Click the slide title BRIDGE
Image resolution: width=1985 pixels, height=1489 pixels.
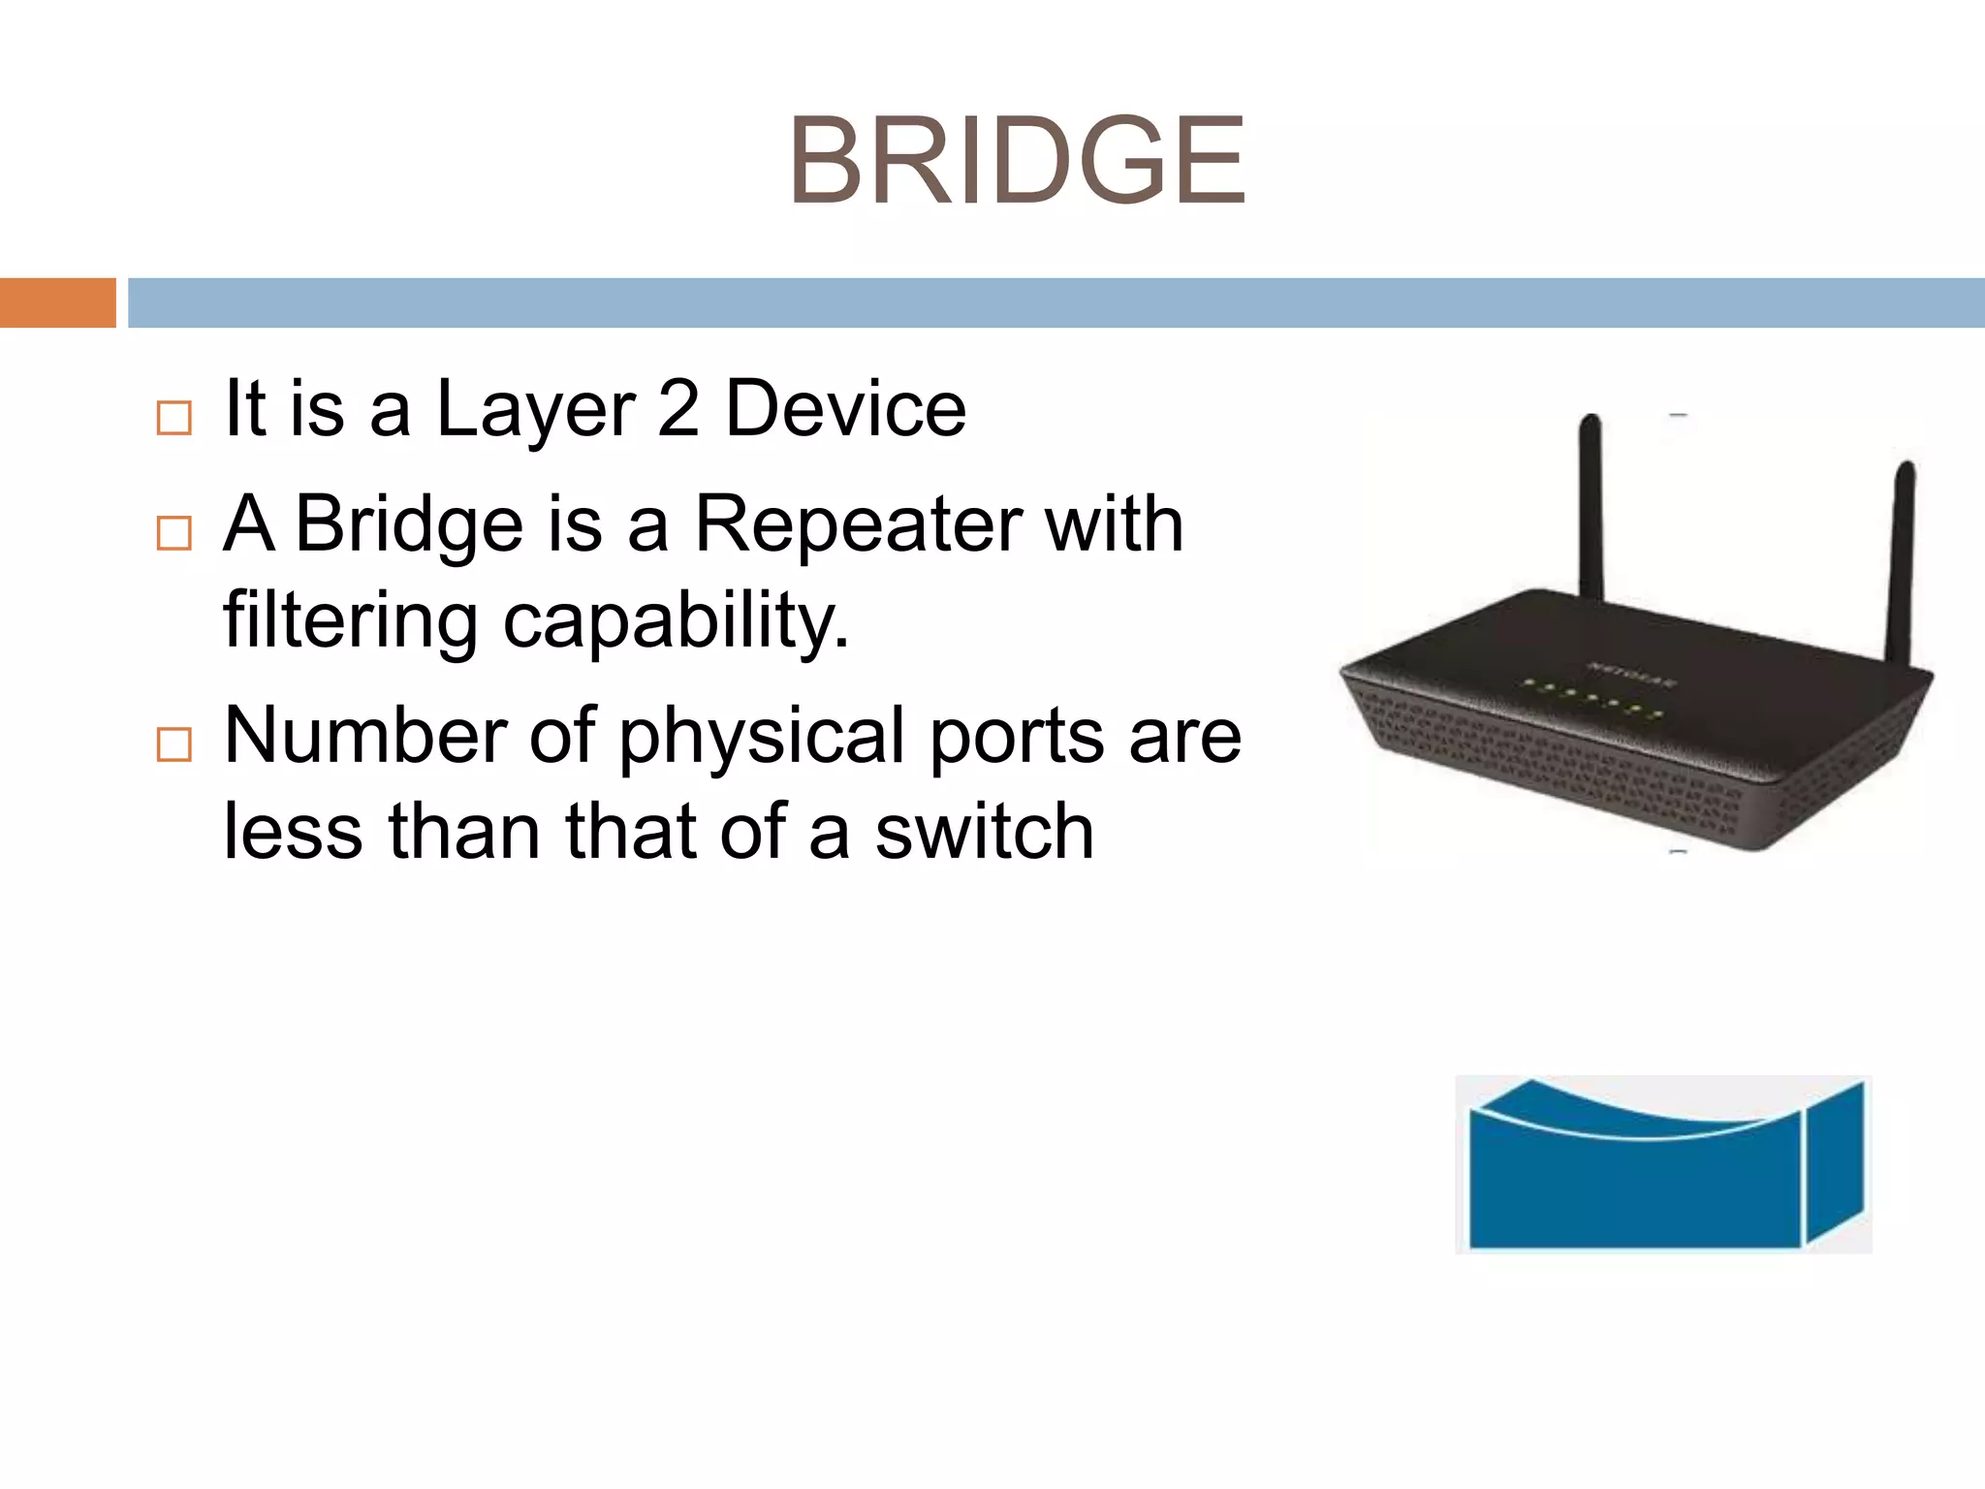1017,161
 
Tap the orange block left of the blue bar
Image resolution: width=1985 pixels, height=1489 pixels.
57,302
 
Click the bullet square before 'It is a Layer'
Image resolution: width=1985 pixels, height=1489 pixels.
174,418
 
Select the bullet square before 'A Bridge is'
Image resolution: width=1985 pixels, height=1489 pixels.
174,532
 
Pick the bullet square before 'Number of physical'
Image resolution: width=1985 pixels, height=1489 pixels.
174,744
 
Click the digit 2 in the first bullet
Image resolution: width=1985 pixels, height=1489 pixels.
677,408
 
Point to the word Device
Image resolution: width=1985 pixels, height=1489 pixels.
845,408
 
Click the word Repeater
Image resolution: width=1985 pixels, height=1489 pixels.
858,523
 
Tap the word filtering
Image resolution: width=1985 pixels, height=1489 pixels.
350,620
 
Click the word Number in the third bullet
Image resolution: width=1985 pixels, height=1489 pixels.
364,735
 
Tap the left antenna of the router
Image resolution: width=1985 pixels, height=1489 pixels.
1590,504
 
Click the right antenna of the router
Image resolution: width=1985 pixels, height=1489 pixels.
1900,562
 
